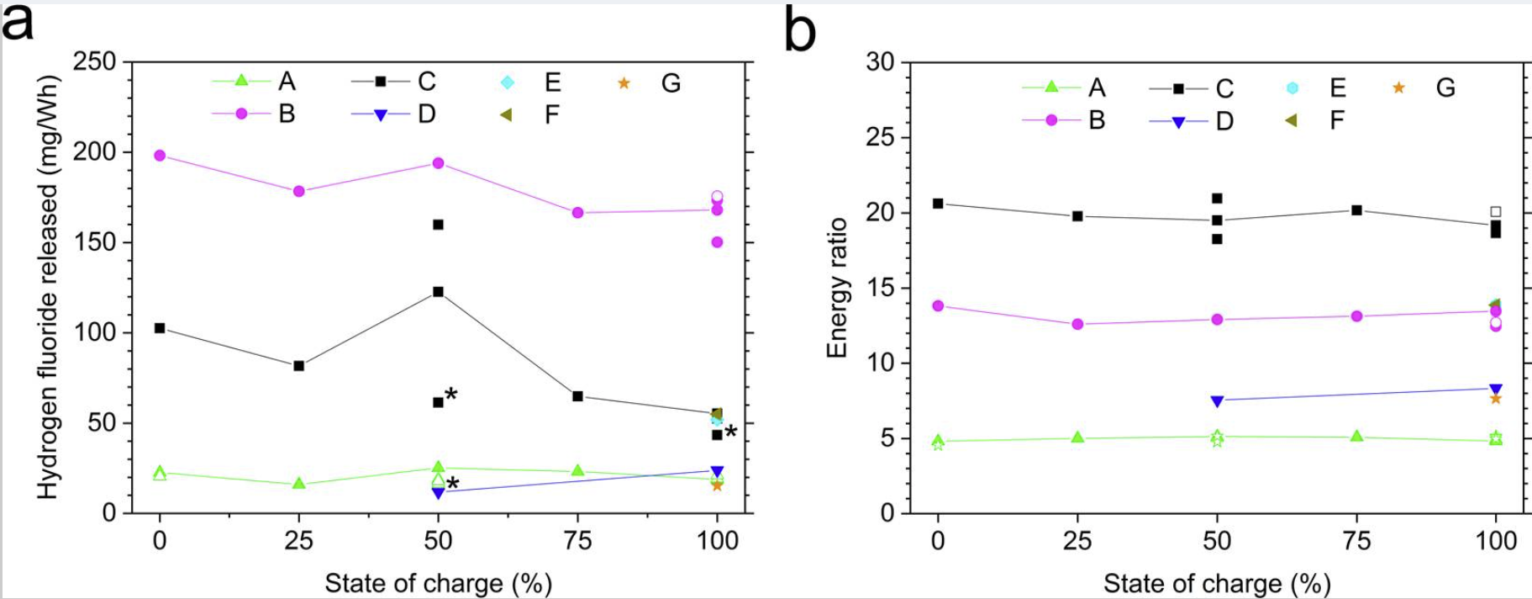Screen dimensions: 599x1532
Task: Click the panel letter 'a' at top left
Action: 18,24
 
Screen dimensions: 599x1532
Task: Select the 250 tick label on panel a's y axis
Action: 95,62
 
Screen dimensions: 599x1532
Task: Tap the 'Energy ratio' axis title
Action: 837,288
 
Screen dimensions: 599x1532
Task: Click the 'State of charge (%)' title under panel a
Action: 438,583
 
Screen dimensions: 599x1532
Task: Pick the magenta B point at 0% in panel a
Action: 160,156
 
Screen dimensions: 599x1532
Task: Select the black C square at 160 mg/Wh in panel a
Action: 438,225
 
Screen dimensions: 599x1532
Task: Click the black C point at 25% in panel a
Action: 298,366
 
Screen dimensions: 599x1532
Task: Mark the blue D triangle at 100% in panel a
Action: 717,472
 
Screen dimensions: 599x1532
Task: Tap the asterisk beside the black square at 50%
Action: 451,395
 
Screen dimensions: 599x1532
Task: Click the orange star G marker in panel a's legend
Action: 624,83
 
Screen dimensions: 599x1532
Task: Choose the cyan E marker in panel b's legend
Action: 1292,88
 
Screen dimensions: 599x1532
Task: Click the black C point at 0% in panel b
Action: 938,204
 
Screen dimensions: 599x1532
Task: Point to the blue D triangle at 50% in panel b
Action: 1217,401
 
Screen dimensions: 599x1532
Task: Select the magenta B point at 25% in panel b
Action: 1077,324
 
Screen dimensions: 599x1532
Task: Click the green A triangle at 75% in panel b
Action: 1356,437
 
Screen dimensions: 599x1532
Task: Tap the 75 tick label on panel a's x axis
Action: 577,540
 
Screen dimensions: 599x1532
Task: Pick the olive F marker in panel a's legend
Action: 506,114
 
